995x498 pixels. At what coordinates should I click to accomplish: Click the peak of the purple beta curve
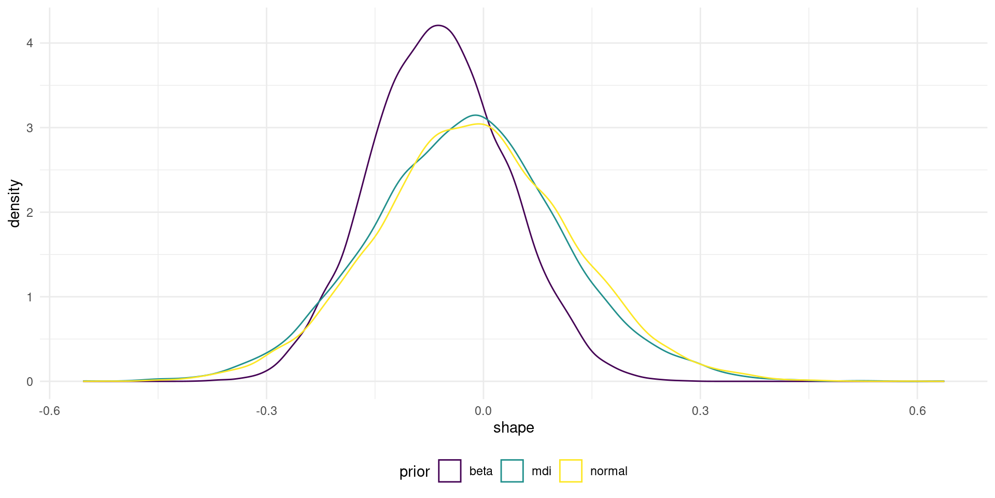[x=438, y=25]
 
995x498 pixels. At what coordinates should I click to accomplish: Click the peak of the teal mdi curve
[x=475, y=115]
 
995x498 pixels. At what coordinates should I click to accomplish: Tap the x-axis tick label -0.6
[x=49, y=411]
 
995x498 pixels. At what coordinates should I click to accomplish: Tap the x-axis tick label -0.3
[x=266, y=411]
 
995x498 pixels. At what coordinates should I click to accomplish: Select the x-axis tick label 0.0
[x=483, y=411]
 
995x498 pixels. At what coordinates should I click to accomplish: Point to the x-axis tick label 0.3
[x=700, y=411]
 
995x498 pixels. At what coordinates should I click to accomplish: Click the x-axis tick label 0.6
[x=917, y=411]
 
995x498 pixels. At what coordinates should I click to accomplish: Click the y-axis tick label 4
[x=30, y=43]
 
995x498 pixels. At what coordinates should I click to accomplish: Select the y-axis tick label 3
[x=30, y=128]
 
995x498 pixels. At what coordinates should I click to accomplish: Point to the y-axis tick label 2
[x=30, y=212]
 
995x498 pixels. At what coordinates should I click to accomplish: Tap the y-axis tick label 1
[x=30, y=297]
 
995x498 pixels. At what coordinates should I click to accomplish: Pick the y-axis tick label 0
[x=30, y=382]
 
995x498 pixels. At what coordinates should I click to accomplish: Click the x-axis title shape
[x=514, y=427]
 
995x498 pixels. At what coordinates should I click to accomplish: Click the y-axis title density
[x=15, y=203]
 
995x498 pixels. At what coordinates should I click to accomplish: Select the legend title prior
[x=415, y=472]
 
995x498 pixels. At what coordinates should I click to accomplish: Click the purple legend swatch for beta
[x=450, y=471]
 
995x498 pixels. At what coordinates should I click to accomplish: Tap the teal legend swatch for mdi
[x=512, y=471]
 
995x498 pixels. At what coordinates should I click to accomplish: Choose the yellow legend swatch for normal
[x=571, y=471]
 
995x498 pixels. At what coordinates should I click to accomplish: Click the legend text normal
[x=608, y=471]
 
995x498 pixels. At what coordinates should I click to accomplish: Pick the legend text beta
[x=481, y=471]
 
